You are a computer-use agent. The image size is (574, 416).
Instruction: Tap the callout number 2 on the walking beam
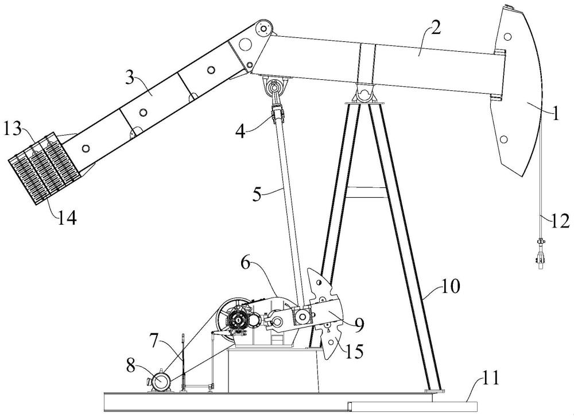[435, 27]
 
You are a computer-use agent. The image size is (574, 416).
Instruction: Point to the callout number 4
[241, 131]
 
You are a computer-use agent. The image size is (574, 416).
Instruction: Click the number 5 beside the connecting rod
[257, 194]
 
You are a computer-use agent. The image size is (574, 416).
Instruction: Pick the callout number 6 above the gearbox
[246, 264]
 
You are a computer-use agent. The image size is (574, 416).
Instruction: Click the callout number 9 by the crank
[359, 324]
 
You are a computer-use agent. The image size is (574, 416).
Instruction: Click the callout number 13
[12, 129]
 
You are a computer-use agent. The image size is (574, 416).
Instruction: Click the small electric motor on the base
[161, 382]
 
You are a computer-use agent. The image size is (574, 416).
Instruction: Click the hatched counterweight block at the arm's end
[44, 168]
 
